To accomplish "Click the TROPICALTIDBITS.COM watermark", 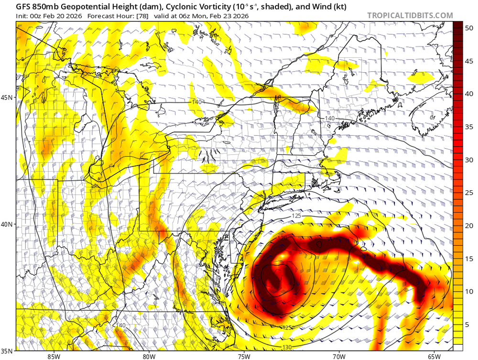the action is point(410,15).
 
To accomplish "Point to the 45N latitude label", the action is point(8,98).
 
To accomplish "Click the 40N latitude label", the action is point(8,224).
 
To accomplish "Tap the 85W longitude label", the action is point(54,356).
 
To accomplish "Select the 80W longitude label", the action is point(149,356).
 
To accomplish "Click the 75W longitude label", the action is point(244,356).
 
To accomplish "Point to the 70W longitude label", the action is point(339,356).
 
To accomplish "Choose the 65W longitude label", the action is point(434,356).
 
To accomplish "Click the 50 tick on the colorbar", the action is point(469,28).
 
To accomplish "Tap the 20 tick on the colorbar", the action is point(469,226).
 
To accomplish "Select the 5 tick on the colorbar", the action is point(469,325).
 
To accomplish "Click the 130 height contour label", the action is point(287,347).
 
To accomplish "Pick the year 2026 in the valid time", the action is point(241,16).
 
